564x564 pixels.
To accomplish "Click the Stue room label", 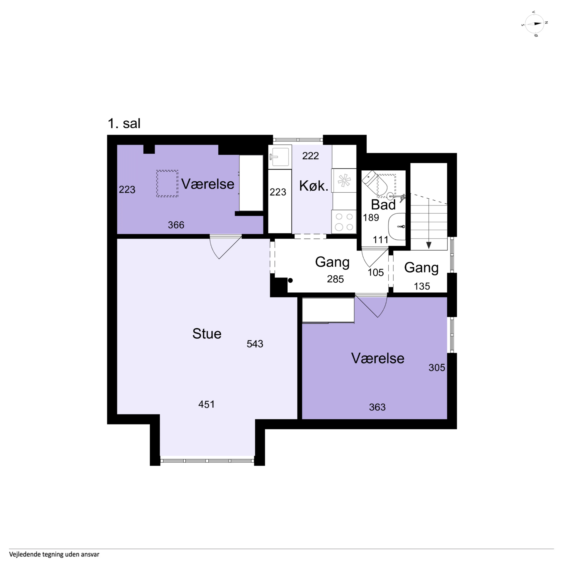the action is (207, 334).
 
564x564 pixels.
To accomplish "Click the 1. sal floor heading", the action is (124, 124).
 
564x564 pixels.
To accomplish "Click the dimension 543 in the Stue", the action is (255, 344).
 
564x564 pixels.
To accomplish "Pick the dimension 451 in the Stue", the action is (206, 404).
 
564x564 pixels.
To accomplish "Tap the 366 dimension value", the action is (176, 225).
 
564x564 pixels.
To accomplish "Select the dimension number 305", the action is (437, 368).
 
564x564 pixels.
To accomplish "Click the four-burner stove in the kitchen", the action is (344, 222).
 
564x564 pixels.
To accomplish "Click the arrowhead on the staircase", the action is (429, 245).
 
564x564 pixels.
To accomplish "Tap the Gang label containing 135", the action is (421, 268).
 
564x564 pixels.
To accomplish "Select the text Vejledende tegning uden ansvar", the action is (54, 554).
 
